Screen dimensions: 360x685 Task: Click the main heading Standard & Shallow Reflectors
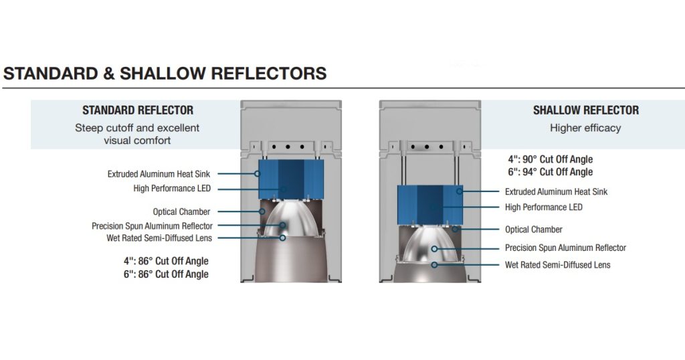[165, 73]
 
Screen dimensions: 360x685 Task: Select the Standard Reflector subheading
[138, 110]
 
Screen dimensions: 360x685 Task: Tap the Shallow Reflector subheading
[585, 110]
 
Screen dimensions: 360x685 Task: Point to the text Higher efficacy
[585, 128]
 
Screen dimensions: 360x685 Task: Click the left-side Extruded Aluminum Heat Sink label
[159, 174]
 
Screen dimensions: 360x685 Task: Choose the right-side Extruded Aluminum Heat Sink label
[556, 192]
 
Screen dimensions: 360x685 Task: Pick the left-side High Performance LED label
[172, 189]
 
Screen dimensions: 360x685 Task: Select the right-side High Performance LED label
[543, 207]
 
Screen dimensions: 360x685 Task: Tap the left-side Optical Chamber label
[181, 212]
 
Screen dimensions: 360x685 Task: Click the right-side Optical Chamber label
[533, 230]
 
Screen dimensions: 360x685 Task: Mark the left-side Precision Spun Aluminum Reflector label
[152, 226]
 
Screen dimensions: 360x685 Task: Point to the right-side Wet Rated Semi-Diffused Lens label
[557, 265]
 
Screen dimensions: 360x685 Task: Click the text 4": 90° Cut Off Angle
[551, 160]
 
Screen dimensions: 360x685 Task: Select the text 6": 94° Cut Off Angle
[551, 172]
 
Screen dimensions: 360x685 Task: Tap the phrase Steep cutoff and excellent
[137, 128]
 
